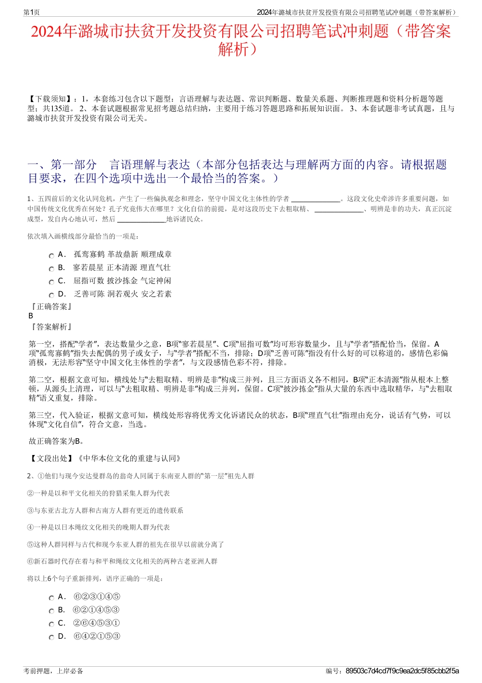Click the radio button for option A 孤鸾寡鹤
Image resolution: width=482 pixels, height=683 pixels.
(x=51, y=256)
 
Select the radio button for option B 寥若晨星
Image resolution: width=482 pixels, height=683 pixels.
(x=51, y=269)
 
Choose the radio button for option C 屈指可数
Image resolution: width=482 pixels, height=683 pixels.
(x=51, y=282)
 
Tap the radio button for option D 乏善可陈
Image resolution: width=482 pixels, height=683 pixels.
(x=51, y=296)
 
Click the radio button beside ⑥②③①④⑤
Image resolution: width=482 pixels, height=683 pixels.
(x=51, y=598)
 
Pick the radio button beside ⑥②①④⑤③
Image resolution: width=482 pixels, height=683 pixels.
(x=51, y=611)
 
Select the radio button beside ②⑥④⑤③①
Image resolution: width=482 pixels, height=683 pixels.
(x=51, y=625)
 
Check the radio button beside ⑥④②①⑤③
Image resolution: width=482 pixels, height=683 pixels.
(x=51, y=638)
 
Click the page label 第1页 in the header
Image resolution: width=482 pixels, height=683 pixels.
(x=31, y=12)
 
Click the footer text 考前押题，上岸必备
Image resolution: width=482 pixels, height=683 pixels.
(x=53, y=671)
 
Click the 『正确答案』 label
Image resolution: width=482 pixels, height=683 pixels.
(x=51, y=307)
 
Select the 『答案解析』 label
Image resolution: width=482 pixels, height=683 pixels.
(x=51, y=327)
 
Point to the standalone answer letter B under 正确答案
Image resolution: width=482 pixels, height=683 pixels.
(x=31, y=316)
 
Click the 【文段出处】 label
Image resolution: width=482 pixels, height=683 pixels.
(x=51, y=459)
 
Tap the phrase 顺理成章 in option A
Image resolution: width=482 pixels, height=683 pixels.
(x=156, y=254)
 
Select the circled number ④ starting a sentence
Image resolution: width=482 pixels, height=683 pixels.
(x=30, y=528)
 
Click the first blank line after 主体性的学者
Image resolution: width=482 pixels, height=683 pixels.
(x=315, y=200)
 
